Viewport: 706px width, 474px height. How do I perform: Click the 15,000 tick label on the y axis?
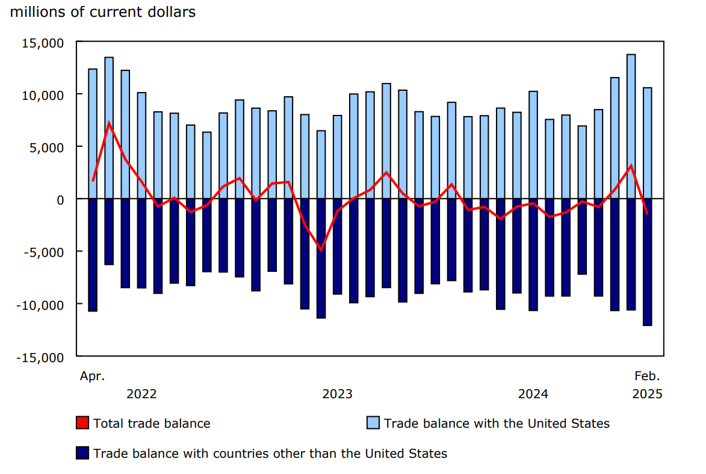pos(44,43)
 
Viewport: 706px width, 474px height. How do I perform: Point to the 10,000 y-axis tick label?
pos(44,95)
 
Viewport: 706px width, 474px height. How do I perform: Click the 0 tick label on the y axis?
pos(60,199)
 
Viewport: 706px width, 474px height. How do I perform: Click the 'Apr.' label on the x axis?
pos(92,377)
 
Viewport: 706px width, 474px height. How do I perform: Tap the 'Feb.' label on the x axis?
pos(647,377)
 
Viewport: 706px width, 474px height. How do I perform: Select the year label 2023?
pos(338,394)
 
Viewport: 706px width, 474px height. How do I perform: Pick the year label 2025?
pos(647,394)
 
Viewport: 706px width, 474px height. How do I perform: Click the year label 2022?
pos(141,394)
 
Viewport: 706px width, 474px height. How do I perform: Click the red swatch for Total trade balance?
pos(82,423)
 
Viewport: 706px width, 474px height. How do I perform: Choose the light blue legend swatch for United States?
pos(373,423)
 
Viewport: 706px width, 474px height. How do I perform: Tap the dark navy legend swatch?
pos(82,453)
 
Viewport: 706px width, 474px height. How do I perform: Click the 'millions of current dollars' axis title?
pos(103,12)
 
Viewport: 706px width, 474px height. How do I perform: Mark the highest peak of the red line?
pos(109,123)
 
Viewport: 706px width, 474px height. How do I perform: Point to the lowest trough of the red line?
pos(321,250)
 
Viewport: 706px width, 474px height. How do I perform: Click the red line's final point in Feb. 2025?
pos(647,214)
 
